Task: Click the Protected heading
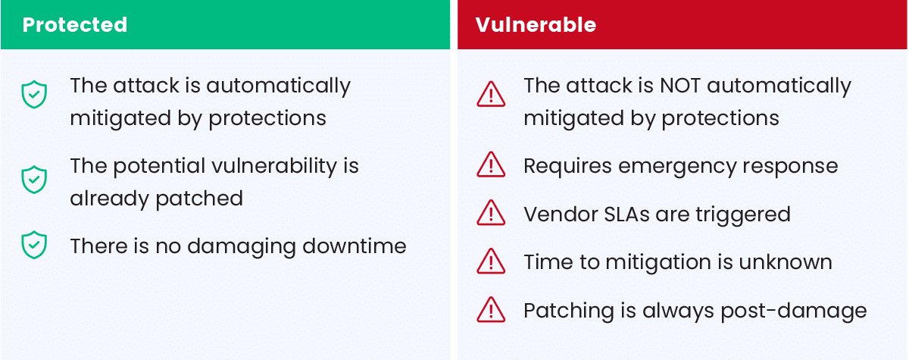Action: pos(75,25)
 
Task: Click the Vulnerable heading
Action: pos(536,25)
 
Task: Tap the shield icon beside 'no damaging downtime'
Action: pos(34,245)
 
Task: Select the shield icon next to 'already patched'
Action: pos(34,180)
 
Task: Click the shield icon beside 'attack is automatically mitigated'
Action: pos(34,95)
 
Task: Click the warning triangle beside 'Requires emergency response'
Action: pos(491,164)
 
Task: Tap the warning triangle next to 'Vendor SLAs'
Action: pos(491,212)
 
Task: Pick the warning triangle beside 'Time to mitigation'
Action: pos(491,261)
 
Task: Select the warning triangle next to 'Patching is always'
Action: pos(491,309)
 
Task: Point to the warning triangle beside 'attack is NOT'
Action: pos(491,94)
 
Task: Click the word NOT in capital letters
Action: pos(680,86)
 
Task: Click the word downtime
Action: pos(355,246)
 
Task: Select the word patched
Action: pos(199,199)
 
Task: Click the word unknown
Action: pos(786,261)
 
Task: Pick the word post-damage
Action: pos(794,311)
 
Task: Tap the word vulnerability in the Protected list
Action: pos(274,167)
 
